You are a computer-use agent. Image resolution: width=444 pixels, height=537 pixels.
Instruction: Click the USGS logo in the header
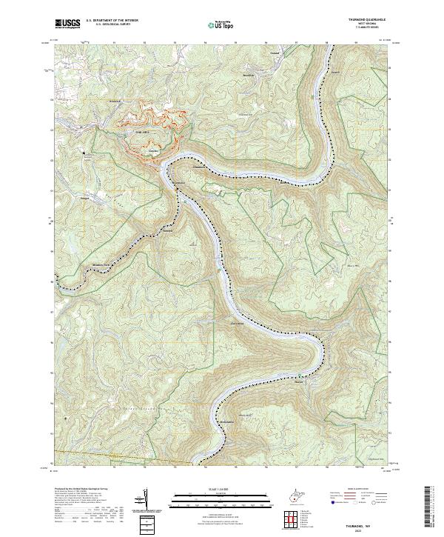[x=67, y=24]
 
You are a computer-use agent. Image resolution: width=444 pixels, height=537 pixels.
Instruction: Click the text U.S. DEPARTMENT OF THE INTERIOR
[x=112, y=20]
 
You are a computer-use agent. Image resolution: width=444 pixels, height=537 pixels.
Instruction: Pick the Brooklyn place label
[x=248, y=76]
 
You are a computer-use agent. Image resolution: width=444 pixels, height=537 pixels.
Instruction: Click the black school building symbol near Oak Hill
[x=84, y=154]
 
